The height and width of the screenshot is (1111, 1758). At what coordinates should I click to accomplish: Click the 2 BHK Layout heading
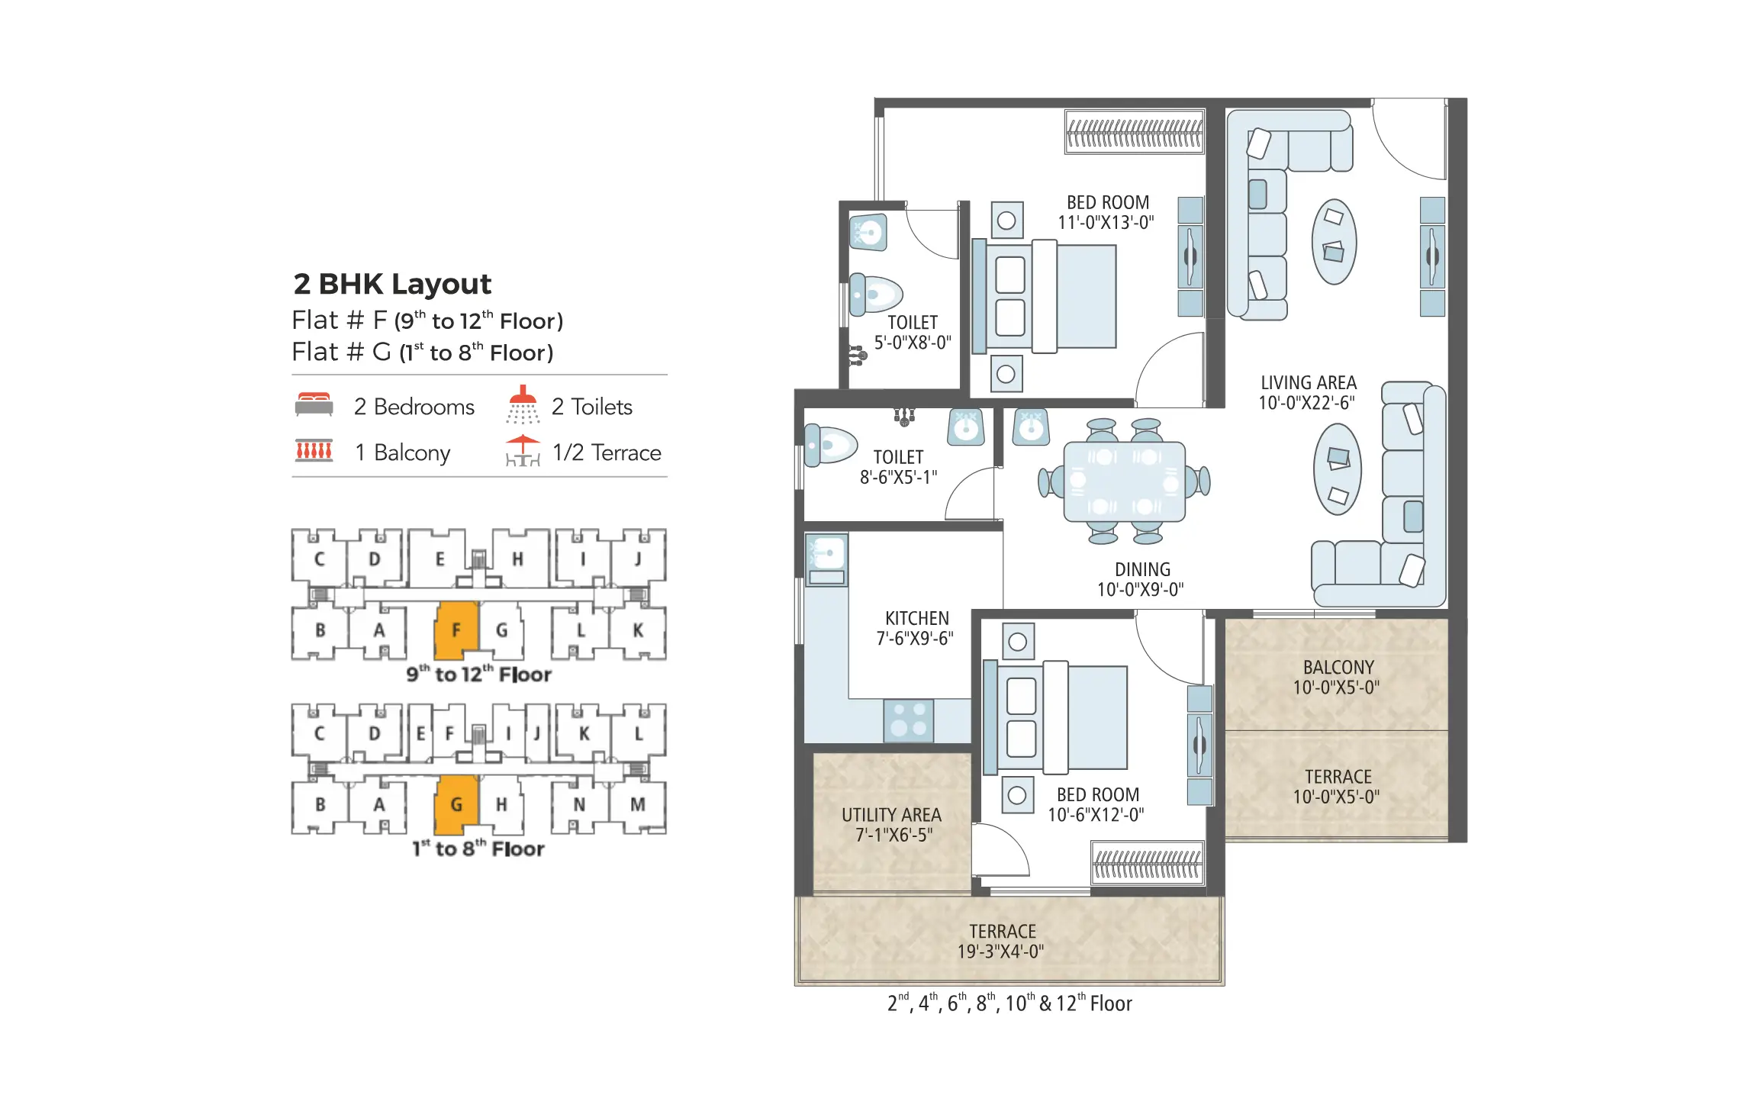(392, 284)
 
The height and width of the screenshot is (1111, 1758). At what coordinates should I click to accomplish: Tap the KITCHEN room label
(916, 618)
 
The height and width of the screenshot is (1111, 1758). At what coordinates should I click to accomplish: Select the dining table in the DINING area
(1124, 481)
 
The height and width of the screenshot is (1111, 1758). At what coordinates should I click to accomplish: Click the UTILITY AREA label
(891, 815)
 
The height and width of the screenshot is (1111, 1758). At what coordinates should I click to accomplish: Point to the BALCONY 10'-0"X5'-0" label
(1337, 677)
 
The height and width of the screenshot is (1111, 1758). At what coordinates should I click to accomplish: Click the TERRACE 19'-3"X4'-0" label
(1002, 941)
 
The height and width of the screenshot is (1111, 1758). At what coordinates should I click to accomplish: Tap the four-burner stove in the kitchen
(908, 720)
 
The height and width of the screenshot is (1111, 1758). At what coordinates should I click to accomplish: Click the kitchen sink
(826, 554)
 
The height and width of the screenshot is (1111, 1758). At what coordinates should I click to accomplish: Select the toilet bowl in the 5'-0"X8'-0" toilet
(876, 295)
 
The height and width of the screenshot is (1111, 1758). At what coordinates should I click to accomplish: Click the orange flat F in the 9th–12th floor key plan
(456, 630)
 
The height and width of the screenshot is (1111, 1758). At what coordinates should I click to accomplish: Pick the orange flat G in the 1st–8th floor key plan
(456, 804)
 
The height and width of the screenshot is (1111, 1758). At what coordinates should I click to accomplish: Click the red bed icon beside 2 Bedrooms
(314, 404)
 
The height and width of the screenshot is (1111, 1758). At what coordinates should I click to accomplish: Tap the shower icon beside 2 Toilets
(523, 404)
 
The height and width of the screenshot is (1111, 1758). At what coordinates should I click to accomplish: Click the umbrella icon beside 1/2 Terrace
(523, 450)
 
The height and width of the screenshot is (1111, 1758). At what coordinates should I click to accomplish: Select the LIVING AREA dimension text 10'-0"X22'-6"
(1307, 403)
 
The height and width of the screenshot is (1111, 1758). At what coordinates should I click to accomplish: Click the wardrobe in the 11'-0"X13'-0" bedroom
(1135, 132)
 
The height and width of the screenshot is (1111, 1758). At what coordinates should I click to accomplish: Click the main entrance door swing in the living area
(1412, 141)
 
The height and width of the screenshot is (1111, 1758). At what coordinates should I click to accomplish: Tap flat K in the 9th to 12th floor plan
(638, 630)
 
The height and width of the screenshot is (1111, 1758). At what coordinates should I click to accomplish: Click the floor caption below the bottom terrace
(1009, 1003)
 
